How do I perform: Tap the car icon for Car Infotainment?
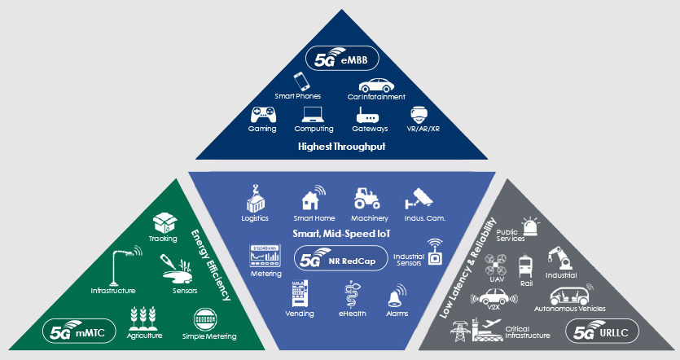point(375,85)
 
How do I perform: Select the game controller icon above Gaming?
point(262,114)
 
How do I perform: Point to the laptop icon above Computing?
point(314,114)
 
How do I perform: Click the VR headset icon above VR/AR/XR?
point(420,114)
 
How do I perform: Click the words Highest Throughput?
point(340,147)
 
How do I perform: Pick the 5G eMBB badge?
point(340,59)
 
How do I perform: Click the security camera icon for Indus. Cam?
point(421,198)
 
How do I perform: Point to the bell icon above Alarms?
point(397,294)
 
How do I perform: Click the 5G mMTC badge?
point(79,332)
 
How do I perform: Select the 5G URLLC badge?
point(603,332)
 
